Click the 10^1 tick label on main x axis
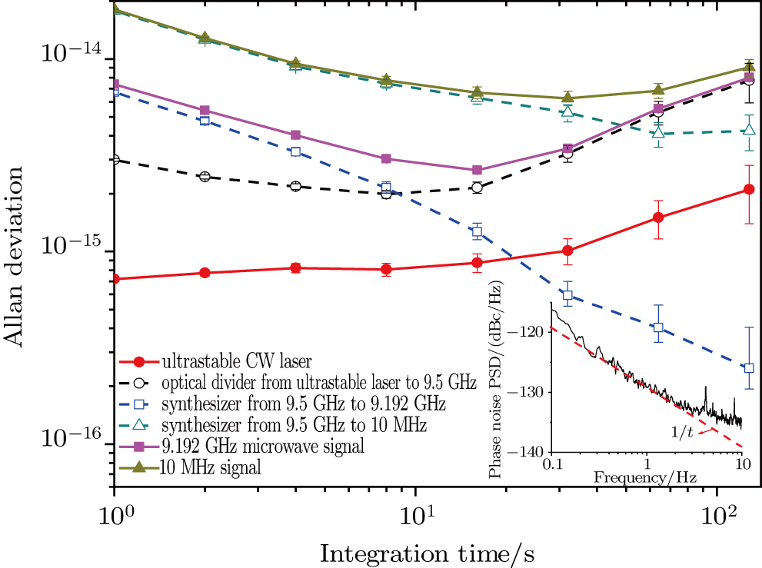click(x=415, y=512)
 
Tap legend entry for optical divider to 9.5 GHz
click(x=319, y=382)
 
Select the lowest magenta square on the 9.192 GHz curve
click(x=477, y=170)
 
